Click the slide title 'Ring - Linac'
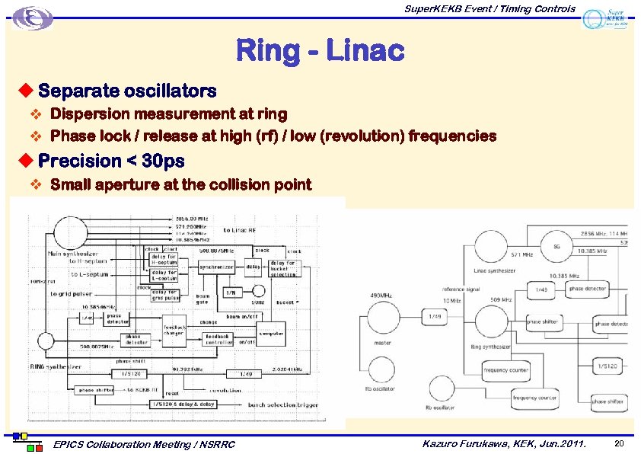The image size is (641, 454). coord(320,51)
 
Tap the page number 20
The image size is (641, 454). coord(618,443)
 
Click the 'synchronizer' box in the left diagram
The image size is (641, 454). coord(218,267)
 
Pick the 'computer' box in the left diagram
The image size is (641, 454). coord(271,333)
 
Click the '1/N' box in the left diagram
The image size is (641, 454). coord(231,292)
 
